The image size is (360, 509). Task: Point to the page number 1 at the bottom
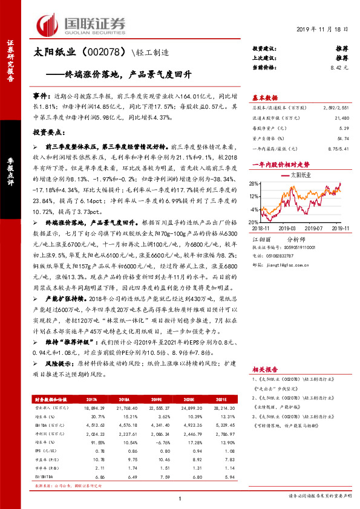(x=180, y=497)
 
